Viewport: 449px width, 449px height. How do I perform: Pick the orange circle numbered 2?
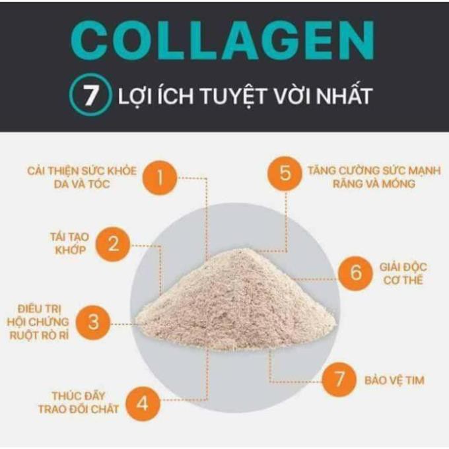[x=113, y=244]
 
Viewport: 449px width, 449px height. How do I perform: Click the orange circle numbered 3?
[x=93, y=323]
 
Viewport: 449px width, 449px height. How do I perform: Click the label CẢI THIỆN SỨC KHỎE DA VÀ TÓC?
[x=83, y=178]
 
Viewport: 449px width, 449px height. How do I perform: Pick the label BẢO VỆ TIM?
[x=394, y=380]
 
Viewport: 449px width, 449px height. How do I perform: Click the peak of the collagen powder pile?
[x=246, y=252]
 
